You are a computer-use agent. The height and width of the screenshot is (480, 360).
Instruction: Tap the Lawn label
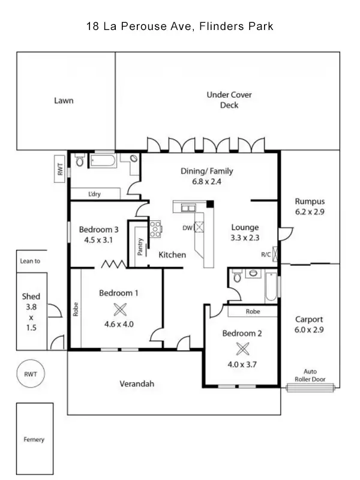pyautogui.click(x=64, y=100)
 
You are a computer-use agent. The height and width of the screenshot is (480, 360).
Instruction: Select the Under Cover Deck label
pyautogui.click(x=229, y=100)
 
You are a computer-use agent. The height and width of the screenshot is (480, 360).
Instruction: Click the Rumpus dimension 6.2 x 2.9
pyautogui.click(x=310, y=212)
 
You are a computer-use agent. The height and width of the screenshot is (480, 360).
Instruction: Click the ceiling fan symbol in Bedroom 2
pyautogui.click(x=242, y=349)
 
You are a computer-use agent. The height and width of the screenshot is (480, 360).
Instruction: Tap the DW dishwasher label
pyautogui.click(x=188, y=228)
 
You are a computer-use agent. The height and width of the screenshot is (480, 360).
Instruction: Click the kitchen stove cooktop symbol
pyautogui.click(x=156, y=227)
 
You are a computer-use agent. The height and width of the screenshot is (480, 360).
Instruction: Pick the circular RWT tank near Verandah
pyautogui.click(x=31, y=374)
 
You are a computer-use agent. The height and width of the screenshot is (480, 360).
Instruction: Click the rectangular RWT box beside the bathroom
pyautogui.click(x=60, y=170)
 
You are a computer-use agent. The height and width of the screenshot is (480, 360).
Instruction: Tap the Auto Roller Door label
pyautogui.click(x=310, y=375)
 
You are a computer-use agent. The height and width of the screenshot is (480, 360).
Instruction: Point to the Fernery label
pyautogui.click(x=34, y=440)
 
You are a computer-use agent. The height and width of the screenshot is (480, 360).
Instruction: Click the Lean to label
pyautogui.click(x=30, y=261)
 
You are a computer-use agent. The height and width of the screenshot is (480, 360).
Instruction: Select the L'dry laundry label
pyautogui.click(x=94, y=194)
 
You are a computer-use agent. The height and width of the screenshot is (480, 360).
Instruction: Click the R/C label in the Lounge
pyautogui.click(x=266, y=254)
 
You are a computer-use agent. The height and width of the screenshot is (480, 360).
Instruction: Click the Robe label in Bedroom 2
pyautogui.click(x=252, y=312)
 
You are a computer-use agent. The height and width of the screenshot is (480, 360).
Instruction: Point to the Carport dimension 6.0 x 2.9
pyautogui.click(x=310, y=330)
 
